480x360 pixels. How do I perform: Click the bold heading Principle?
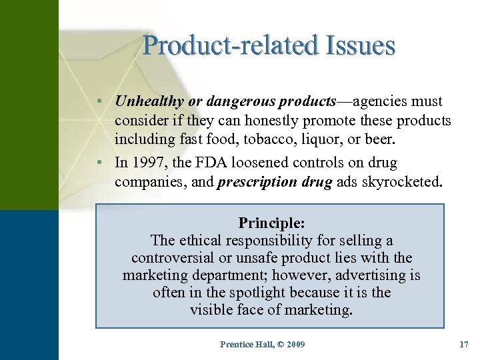pos(270,223)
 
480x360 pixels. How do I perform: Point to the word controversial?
pos(175,258)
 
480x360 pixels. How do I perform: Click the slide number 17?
pos(464,344)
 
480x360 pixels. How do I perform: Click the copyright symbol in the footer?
pos(274,344)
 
